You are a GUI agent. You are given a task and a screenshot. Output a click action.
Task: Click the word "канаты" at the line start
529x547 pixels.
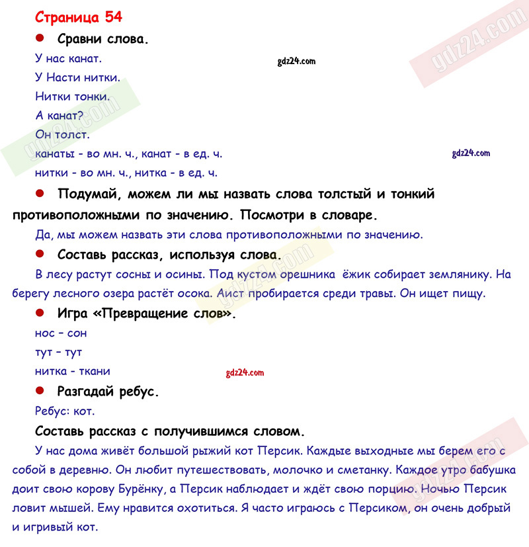[x=54, y=153]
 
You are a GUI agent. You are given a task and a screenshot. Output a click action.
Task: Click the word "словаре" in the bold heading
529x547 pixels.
[x=350, y=215]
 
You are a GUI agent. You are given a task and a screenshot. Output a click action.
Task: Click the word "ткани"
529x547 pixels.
[x=94, y=371]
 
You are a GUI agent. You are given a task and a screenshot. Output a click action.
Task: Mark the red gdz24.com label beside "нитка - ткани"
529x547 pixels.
[x=245, y=373]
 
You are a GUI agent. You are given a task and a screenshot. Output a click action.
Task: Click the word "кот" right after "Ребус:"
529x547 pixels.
[x=85, y=411]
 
